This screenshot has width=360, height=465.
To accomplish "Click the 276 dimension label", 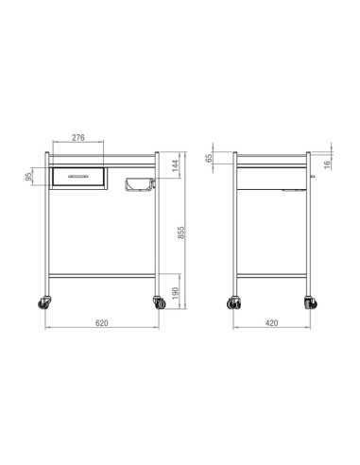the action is click(78, 138).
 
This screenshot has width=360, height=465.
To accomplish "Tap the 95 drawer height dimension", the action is click(28, 177).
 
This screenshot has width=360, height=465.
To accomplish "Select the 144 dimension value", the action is click(176, 165).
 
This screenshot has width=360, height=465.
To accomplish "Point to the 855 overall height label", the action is click(181, 232).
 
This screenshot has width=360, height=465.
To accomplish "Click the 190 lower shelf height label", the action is click(176, 293).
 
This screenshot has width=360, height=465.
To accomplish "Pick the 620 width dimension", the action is click(101, 323).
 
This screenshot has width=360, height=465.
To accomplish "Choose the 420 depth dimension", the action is click(271, 323).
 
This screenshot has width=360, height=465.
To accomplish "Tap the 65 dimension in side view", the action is click(209, 158).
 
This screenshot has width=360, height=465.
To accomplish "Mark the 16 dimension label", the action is click(328, 164).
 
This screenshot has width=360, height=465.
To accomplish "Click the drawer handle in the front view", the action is click(78, 177).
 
